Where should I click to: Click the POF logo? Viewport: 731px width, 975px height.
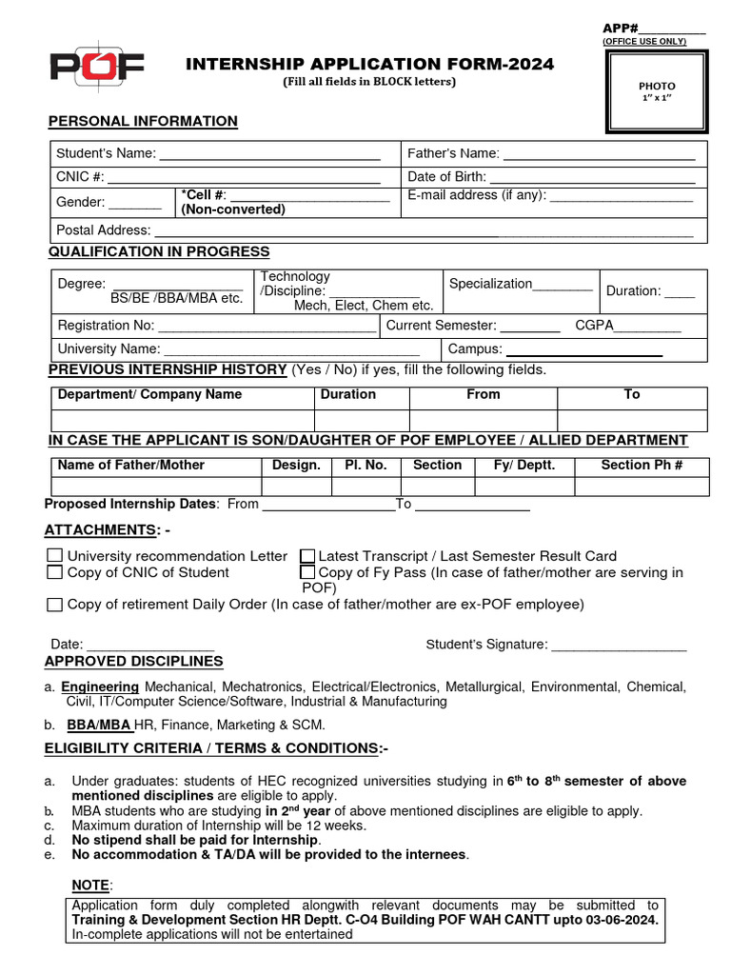coord(96,67)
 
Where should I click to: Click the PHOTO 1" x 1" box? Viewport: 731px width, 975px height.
coord(657,91)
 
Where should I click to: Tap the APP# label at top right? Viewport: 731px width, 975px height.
coord(620,28)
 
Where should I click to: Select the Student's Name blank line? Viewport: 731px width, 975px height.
coord(269,154)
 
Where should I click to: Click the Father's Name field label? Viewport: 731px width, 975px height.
coord(453,153)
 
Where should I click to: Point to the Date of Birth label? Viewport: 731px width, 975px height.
coord(446,176)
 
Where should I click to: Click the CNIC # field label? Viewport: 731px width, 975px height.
coord(81,176)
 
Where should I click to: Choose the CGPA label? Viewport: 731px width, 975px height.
coord(594,325)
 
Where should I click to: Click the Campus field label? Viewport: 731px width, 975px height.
coord(475,348)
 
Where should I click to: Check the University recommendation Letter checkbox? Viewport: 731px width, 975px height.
coord(55,556)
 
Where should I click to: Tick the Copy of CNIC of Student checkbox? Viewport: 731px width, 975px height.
coord(55,572)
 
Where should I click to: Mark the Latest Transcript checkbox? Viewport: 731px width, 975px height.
coord(307,556)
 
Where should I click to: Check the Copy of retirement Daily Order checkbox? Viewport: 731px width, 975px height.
coord(55,605)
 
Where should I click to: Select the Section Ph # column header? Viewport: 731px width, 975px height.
coord(642,465)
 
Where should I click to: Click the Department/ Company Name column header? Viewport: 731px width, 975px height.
coord(149,394)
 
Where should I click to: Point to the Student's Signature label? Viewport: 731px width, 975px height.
coord(486,645)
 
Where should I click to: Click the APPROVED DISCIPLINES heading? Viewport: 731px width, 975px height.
coord(134,661)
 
